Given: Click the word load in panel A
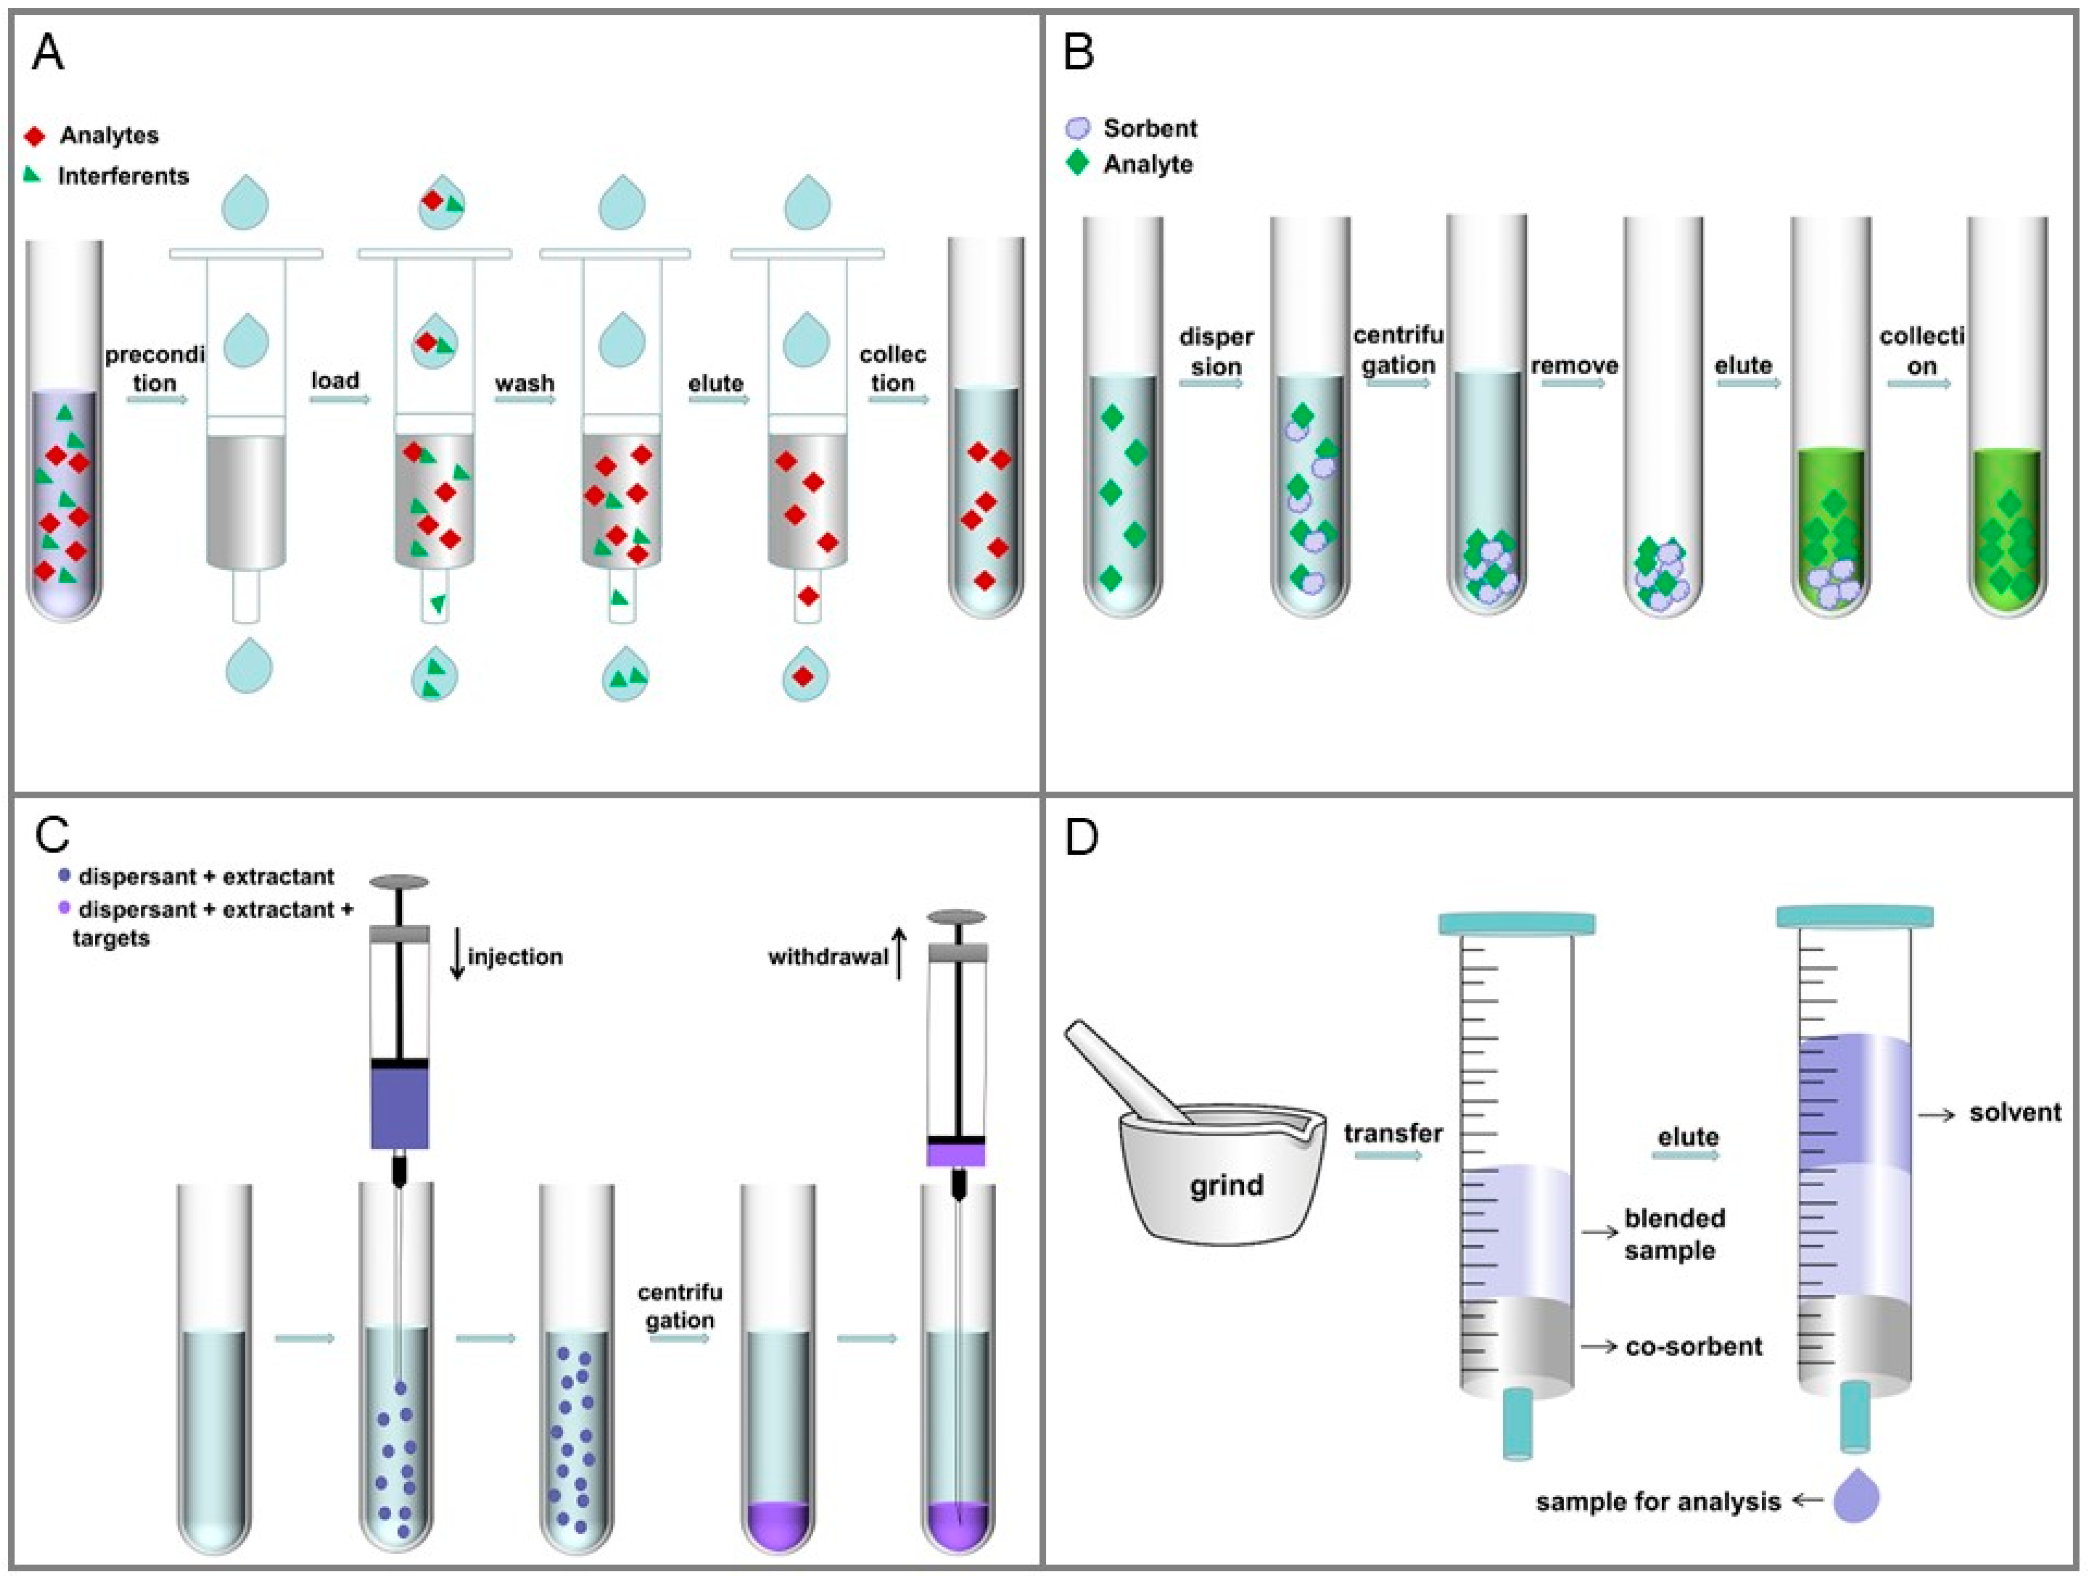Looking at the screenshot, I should pos(335,380).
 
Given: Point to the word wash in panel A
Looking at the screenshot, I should pos(525,383).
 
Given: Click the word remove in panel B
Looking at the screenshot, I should pos(1575,365).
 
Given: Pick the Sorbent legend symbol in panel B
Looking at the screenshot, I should pos(1077,128).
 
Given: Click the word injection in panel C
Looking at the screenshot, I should pos(515,957).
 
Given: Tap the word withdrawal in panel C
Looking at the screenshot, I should pos(828,957).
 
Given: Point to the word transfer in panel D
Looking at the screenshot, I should pos(1393,1133).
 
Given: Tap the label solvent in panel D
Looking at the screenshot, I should pos(2014,1113).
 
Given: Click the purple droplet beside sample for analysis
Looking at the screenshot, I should pos(1856,1498).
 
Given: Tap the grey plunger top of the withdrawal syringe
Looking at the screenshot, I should pos(956,916).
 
